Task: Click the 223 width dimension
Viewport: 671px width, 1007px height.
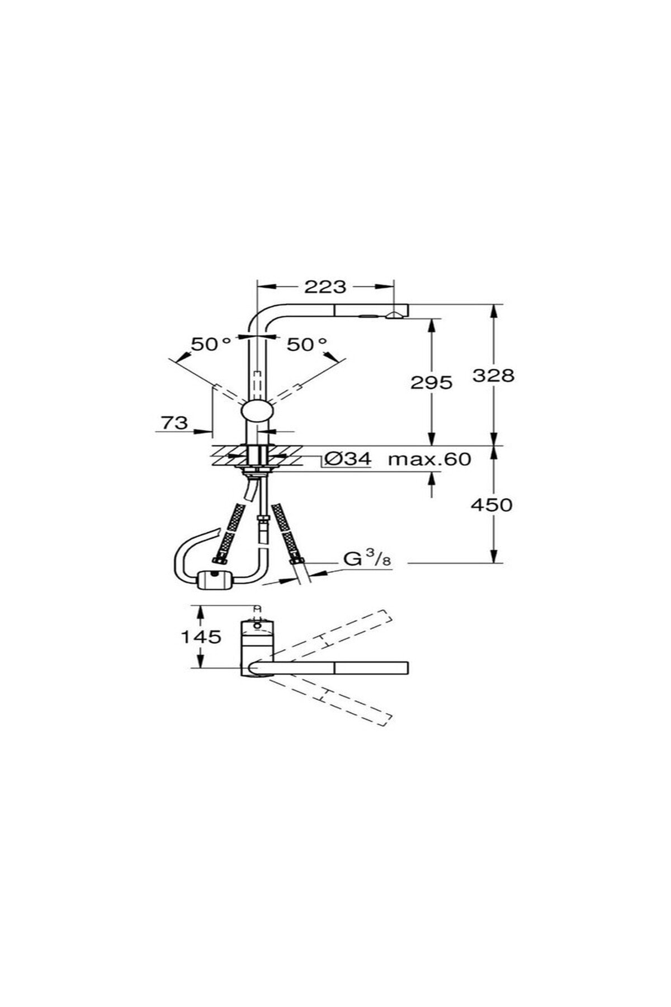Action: tap(325, 287)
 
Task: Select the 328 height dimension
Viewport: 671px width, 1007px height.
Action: tap(493, 375)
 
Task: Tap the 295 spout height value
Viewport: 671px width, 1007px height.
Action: tap(431, 383)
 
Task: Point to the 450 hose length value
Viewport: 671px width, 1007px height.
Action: tap(492, 505)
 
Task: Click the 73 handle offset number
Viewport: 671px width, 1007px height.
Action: tap(174, 422)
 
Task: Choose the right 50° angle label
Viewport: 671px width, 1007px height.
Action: tap(307, 345)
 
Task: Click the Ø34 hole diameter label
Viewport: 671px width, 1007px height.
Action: tap(348, 459)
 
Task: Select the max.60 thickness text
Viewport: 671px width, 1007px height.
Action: tap(430, 459)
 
